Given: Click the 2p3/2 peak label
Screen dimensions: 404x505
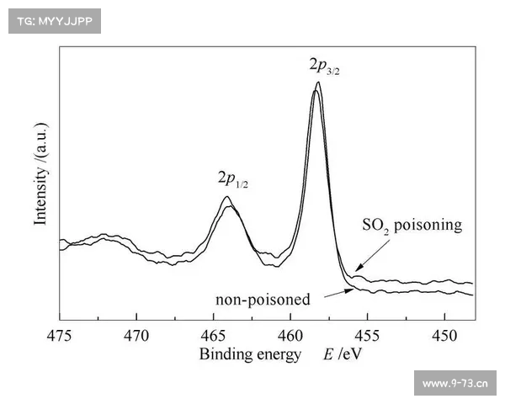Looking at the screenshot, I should (324, 64).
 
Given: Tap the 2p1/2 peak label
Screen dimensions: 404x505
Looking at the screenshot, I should (233, 178).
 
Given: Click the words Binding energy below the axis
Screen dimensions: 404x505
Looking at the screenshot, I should (249, 355).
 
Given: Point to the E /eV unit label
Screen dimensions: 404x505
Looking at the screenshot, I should (343, 355).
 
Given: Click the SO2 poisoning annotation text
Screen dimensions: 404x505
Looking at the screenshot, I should (412, 225).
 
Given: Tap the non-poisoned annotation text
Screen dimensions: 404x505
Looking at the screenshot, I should (263, 299).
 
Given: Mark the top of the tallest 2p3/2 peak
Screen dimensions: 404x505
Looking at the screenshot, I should (317, 82).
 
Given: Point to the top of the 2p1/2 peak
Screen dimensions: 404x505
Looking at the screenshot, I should (226, 198).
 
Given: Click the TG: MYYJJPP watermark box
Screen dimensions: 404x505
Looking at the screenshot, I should (54, 20).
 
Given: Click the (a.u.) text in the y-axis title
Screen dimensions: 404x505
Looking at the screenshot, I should (40, 141).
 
